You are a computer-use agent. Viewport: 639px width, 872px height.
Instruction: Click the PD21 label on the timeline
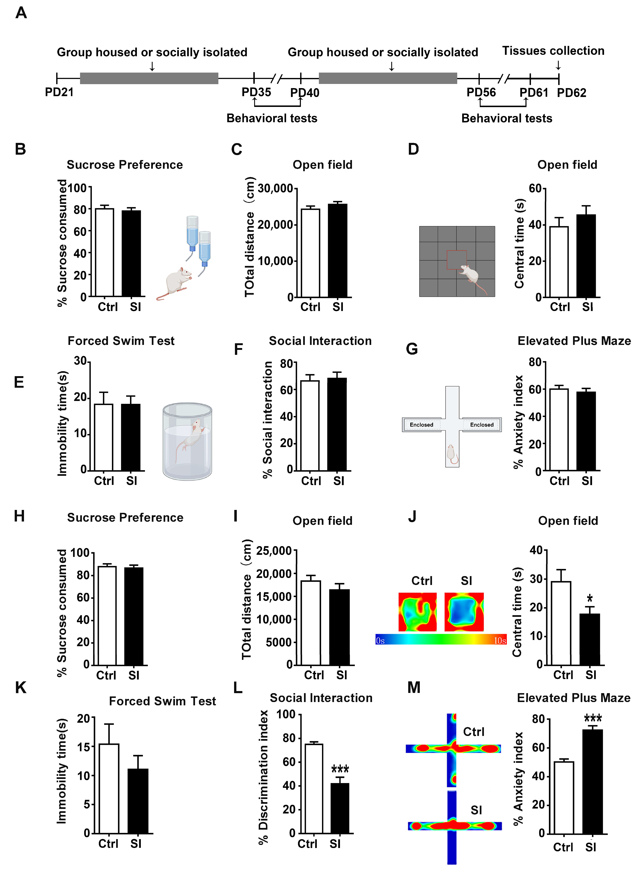point(59,92)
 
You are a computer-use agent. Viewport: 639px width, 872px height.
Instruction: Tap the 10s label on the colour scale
point(500,641)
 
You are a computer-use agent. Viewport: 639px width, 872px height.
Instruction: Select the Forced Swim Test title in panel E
point(121,341)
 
